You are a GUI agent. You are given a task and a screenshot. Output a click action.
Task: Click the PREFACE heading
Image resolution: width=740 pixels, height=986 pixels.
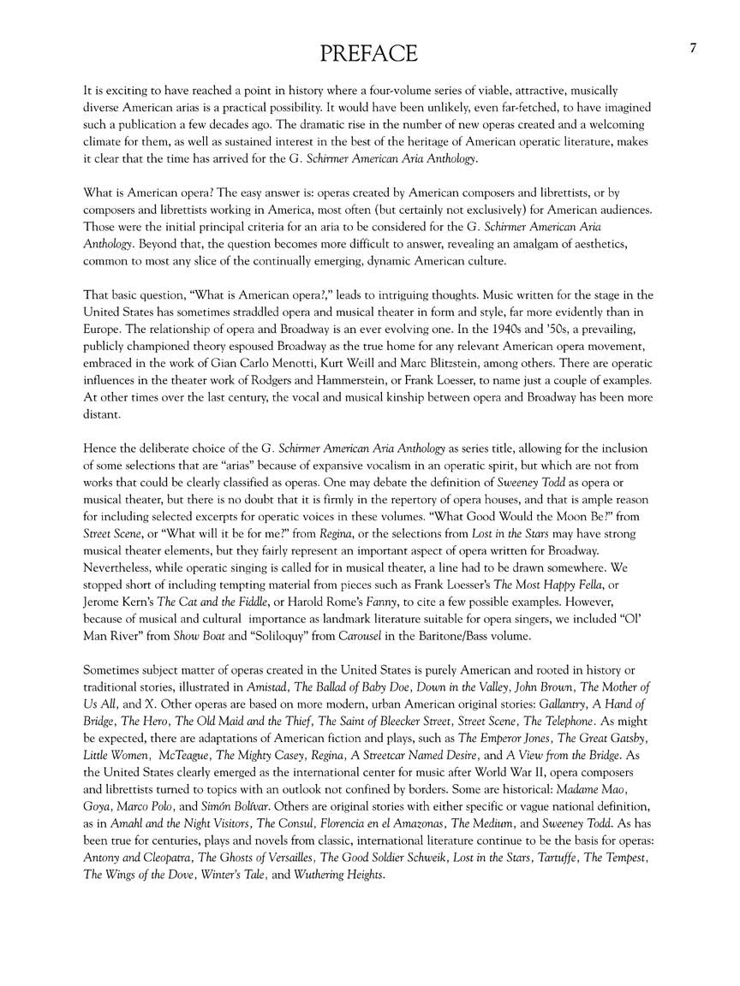tap(369, 54)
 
